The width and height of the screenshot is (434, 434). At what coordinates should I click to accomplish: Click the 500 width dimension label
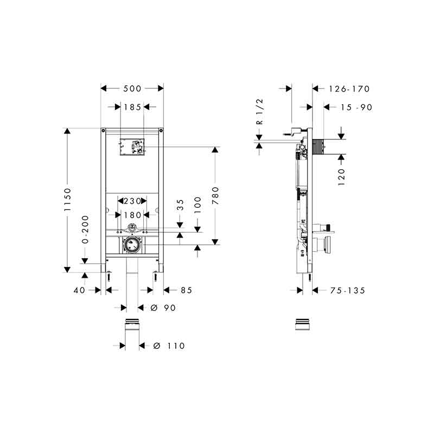click(132, 88)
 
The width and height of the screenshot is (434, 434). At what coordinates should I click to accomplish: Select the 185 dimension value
click(132, 107)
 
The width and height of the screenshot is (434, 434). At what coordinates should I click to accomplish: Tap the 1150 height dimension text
click(67, 200)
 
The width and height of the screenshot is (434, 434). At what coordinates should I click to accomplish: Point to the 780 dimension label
click(215, 196)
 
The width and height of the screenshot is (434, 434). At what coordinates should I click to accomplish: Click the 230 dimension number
click(132, 201)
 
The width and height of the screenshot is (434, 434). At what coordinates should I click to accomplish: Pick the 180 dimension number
click(132, 215)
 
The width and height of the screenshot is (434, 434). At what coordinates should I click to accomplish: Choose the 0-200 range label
click(85, 229)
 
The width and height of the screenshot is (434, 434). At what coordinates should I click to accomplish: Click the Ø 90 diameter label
click(163, 308)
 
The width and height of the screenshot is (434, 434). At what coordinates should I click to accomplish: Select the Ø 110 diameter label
click(169, 346)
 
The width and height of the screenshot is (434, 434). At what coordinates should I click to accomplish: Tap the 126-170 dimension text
click(349, 89)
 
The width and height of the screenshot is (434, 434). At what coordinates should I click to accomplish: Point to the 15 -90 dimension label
click(356, 107)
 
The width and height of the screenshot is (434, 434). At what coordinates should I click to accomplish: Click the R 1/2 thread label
click(260, 112)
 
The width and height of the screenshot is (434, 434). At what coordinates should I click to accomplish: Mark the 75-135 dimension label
click(348, 291)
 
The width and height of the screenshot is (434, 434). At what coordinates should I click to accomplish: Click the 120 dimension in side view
click(342, 177)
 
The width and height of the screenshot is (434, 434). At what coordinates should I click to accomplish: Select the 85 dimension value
click(186, 290)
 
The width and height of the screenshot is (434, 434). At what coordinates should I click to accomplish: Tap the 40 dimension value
click(79, 290)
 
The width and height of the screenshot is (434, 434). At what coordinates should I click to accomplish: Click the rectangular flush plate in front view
click(132, 146)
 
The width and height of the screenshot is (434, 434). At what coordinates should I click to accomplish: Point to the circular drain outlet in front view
click(132, 245)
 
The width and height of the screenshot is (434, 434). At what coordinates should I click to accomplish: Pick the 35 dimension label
click(180, 205)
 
